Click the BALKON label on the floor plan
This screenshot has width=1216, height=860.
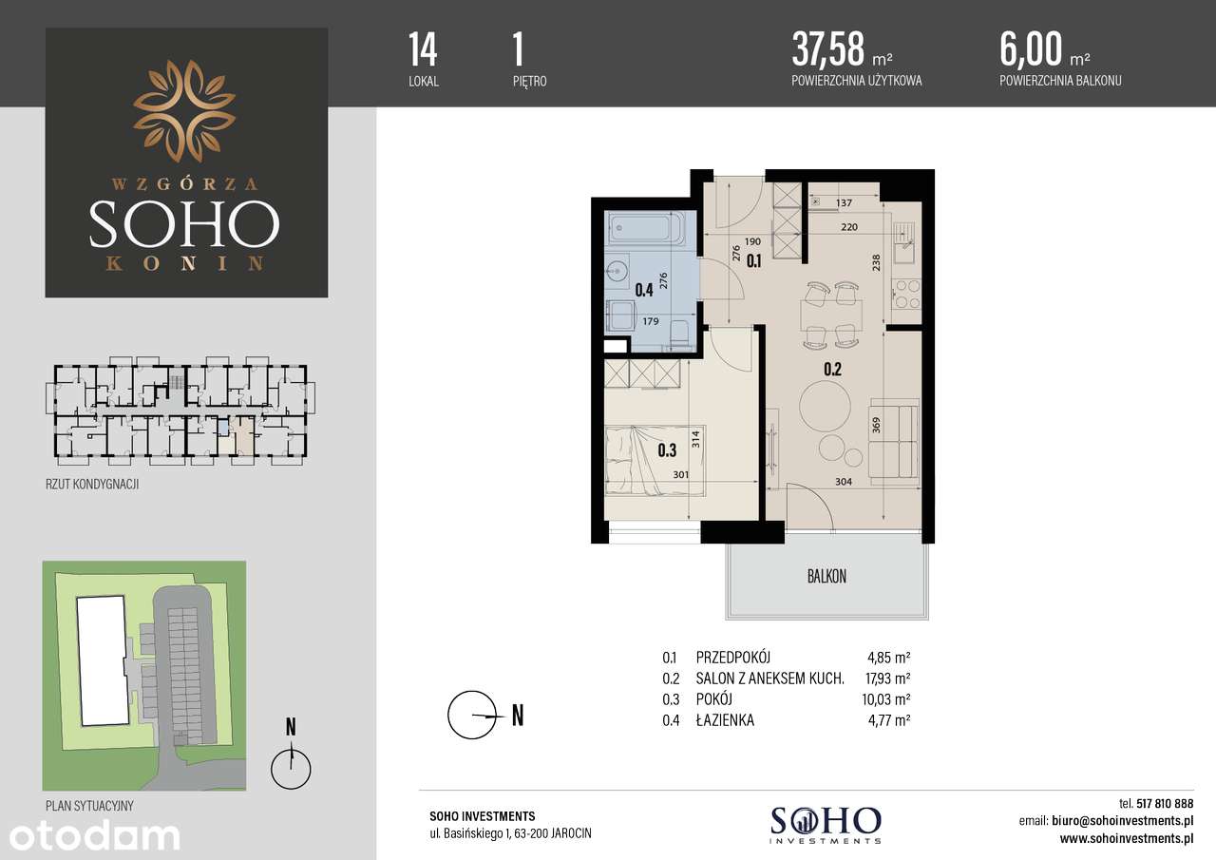pyautogui.click(x=826, y=576)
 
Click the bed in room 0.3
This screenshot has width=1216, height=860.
pyautogui.click(x=655, y=460)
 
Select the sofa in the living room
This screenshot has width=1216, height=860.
pyautogui.click(x=896, y=441)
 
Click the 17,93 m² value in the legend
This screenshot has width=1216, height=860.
pyautogui.click(x=888, y=678)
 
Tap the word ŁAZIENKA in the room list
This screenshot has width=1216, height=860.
pyautogui.click(x=725, y=720)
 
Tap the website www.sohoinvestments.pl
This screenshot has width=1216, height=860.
pyautogui.click(x=1126, y=838)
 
